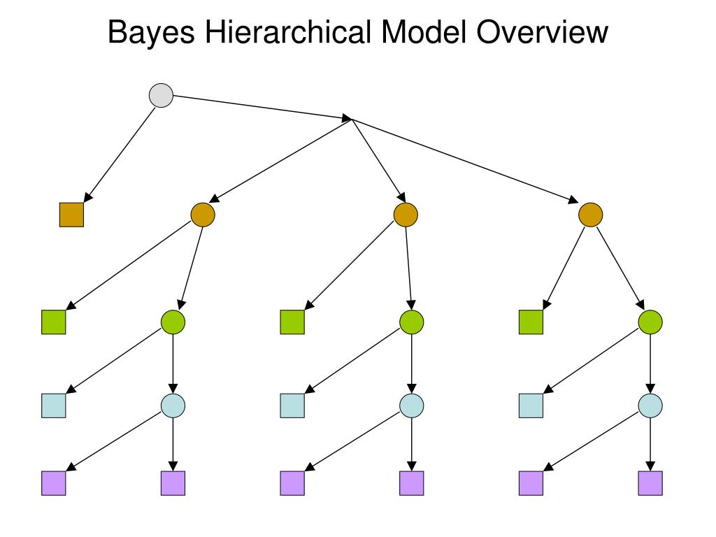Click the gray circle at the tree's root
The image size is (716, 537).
click(162, 95)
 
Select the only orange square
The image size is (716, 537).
click(71, 215)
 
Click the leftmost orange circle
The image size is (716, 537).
click(203, 215)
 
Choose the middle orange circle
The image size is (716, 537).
click(406, 215)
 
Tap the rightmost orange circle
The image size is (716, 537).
click(591, 215)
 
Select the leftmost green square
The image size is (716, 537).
click(54, 322)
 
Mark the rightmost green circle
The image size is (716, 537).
click(651, 322)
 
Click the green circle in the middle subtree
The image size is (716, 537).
click(412, 322)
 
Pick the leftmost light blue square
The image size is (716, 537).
click(54, 406)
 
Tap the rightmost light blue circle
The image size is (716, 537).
click(651, 406)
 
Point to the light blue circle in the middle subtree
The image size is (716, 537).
click(412, 406)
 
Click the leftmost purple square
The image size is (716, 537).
click(54, 482)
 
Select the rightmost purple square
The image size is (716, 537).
click(650, 482)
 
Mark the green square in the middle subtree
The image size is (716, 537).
click(292, 322)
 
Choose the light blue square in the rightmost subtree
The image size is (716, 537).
click(531, 406)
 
